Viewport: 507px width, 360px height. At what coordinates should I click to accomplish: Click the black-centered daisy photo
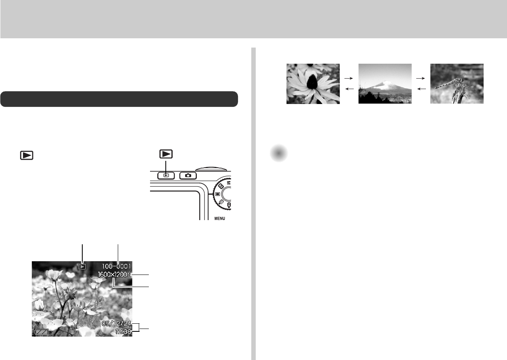click(313, 84)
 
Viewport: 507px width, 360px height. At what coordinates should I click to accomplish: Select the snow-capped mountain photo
click(385, 84)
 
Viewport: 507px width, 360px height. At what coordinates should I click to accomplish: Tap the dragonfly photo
click(457, 84)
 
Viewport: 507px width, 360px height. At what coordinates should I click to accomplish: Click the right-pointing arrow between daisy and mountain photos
click(348, 78)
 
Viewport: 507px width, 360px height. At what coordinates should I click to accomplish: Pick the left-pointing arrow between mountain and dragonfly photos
click(421, 89)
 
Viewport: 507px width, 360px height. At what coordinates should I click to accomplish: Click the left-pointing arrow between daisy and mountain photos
click(349, 89)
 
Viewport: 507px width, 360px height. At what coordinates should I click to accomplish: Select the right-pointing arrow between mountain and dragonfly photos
click(421, 78)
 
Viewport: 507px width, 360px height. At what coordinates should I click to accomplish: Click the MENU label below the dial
click(219, 218)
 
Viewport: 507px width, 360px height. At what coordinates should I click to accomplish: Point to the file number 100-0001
click(117, 266)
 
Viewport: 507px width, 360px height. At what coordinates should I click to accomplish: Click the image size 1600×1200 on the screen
click(113, 275)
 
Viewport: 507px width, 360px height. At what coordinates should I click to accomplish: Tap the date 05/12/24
click(117, 324)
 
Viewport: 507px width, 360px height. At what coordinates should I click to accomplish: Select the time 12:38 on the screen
click(123, 332)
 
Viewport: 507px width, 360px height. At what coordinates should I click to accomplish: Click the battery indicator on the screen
click(42, 332)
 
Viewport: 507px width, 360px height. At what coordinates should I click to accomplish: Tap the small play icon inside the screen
click(82, 266)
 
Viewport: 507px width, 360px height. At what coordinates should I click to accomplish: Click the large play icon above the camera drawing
click(166, 154)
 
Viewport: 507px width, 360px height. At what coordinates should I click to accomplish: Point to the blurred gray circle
click(279, 153)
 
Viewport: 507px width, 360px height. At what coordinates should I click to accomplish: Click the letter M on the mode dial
click(228, 182)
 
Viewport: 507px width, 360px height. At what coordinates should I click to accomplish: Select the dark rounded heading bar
click(119, 99)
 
